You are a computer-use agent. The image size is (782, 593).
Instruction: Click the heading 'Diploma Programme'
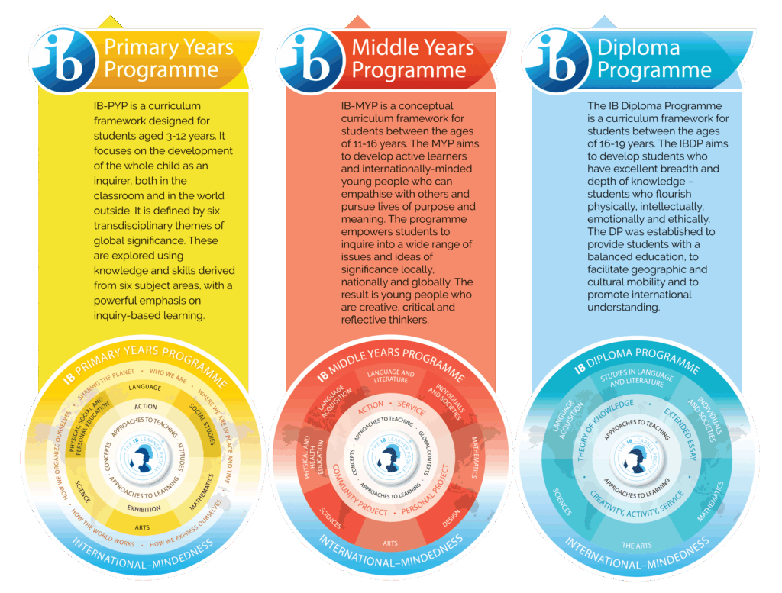654,59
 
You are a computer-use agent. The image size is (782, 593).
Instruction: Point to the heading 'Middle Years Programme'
412,59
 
